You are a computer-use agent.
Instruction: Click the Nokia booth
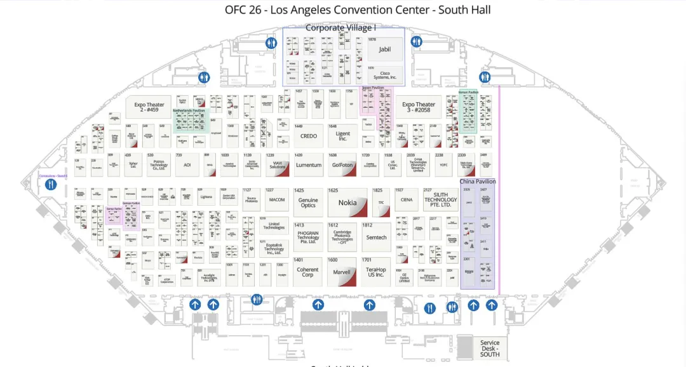tap(347, 203)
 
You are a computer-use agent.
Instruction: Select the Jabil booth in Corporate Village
tap(384, 49)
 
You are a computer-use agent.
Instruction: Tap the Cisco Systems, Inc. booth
tap(384, 74)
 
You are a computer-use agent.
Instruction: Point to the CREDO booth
tap(308, 136)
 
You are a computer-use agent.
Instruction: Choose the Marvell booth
tap(342, 272)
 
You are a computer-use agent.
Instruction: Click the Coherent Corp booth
tap(307, 272)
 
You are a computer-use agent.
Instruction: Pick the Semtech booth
tap(376, 237)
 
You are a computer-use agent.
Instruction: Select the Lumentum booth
tap(309, 165)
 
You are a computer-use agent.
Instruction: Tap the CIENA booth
tap(407, 199)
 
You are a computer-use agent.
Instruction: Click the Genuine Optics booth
tap(308, 203)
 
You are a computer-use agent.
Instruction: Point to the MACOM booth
tap(277, 199)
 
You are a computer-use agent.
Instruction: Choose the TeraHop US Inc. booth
tap(375, 272)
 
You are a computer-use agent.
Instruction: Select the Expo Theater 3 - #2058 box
tap(419, 107)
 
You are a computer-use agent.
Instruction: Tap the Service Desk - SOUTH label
tap(490, 347)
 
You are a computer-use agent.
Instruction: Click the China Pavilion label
tap(478, 182)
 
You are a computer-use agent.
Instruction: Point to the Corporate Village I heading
tap(340, 27)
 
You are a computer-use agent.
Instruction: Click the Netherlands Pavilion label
tap(191, 110)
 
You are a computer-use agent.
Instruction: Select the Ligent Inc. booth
tap(342, 136)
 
